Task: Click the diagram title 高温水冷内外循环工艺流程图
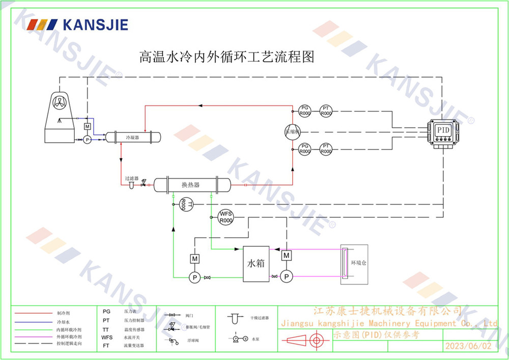(x=227, y=56)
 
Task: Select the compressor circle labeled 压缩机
(x=293, y=131)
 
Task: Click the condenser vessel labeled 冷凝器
(x=132, y=137)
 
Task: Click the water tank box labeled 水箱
(x=256, y=264)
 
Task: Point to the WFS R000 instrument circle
(x=225, y=217)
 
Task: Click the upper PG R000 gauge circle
(x=304, y=110)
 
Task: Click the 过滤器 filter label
(x=132, y=179)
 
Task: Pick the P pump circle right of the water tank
(x=287, y=276)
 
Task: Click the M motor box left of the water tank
(x=194, y=259)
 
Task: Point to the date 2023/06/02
(x=468, y=346)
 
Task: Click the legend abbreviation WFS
(x=107, y=337)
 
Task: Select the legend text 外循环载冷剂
(x=69, y=337)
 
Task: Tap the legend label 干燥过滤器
(x=259, y=318)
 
